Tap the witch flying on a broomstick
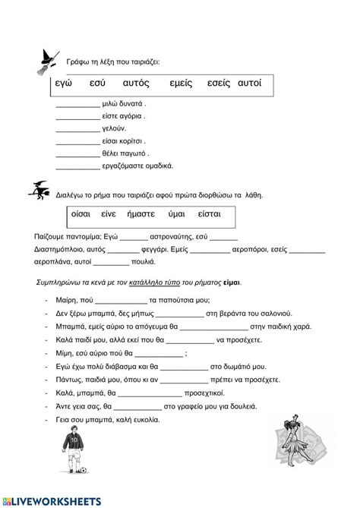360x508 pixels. [42, 192]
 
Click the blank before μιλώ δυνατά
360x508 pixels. [77, 104]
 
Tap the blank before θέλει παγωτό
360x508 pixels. [77, 153]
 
